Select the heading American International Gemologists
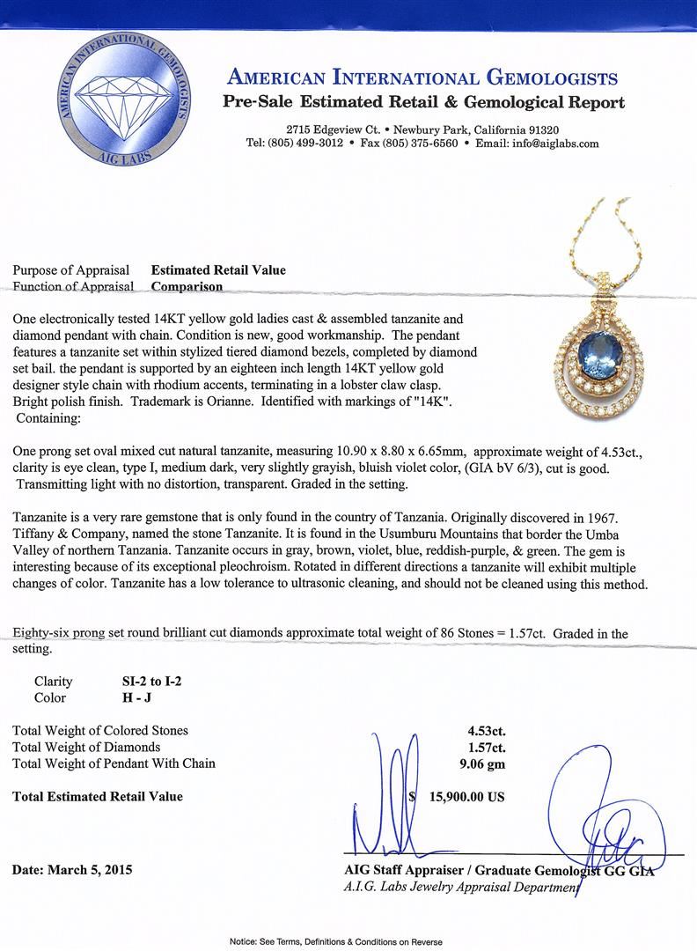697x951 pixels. coord(422,77)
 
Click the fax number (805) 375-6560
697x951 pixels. coord(416,144)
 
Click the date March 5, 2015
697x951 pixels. coord(72,869)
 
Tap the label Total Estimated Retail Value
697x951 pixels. coord(98,796)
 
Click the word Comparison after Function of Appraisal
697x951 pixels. coord(187,285)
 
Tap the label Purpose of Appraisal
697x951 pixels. coord(71,269)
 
